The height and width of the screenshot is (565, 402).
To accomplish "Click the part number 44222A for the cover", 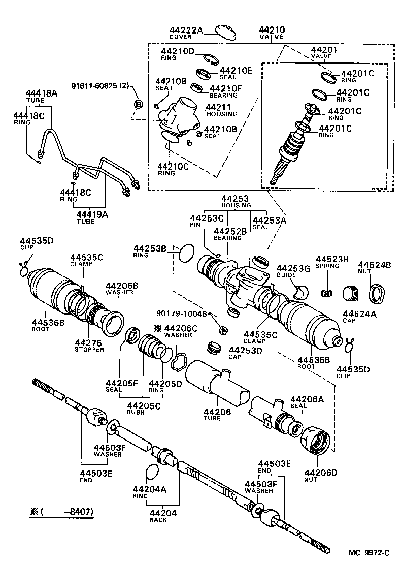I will pyautogui.click(x=186, y=31).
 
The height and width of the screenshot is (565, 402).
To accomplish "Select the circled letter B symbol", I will pyautogui.click(x=138, y=104).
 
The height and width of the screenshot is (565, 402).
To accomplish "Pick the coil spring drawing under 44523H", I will pyautogui.click(x=328, y=293).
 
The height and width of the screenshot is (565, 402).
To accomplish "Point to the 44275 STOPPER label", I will pyautogui.click(x=89, y=346).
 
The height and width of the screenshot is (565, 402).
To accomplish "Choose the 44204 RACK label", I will pyautogui.click(x=162, y=516).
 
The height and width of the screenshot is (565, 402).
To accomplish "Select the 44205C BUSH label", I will pyautogui.click(x=143, y=409).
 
